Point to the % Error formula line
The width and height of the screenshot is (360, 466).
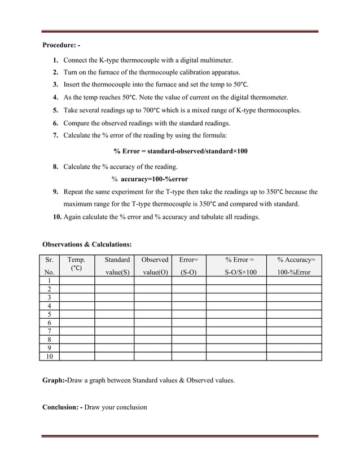[x=180, y=151]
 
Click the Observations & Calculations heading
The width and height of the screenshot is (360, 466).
[x=87, y=244]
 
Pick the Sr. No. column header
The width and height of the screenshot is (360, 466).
[x=49, y=265]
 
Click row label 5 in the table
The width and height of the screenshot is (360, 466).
[x=49, y=314]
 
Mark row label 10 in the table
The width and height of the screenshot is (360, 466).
[x=49, y=357]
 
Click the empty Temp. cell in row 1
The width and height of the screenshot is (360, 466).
[x=76, y=280]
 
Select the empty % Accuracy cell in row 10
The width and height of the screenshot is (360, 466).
[x=293, y=357]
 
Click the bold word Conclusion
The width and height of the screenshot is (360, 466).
[x=62, y=407]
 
